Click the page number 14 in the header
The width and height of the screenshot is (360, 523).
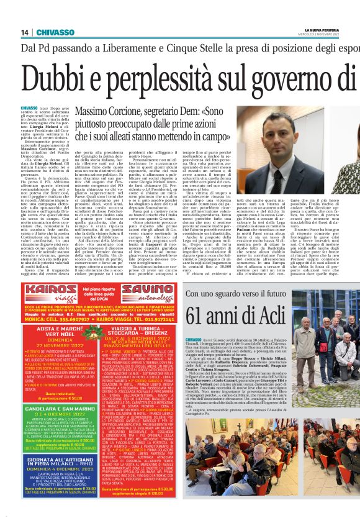tap(25, 32)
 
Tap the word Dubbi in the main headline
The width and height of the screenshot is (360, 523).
tap(68, 76)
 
